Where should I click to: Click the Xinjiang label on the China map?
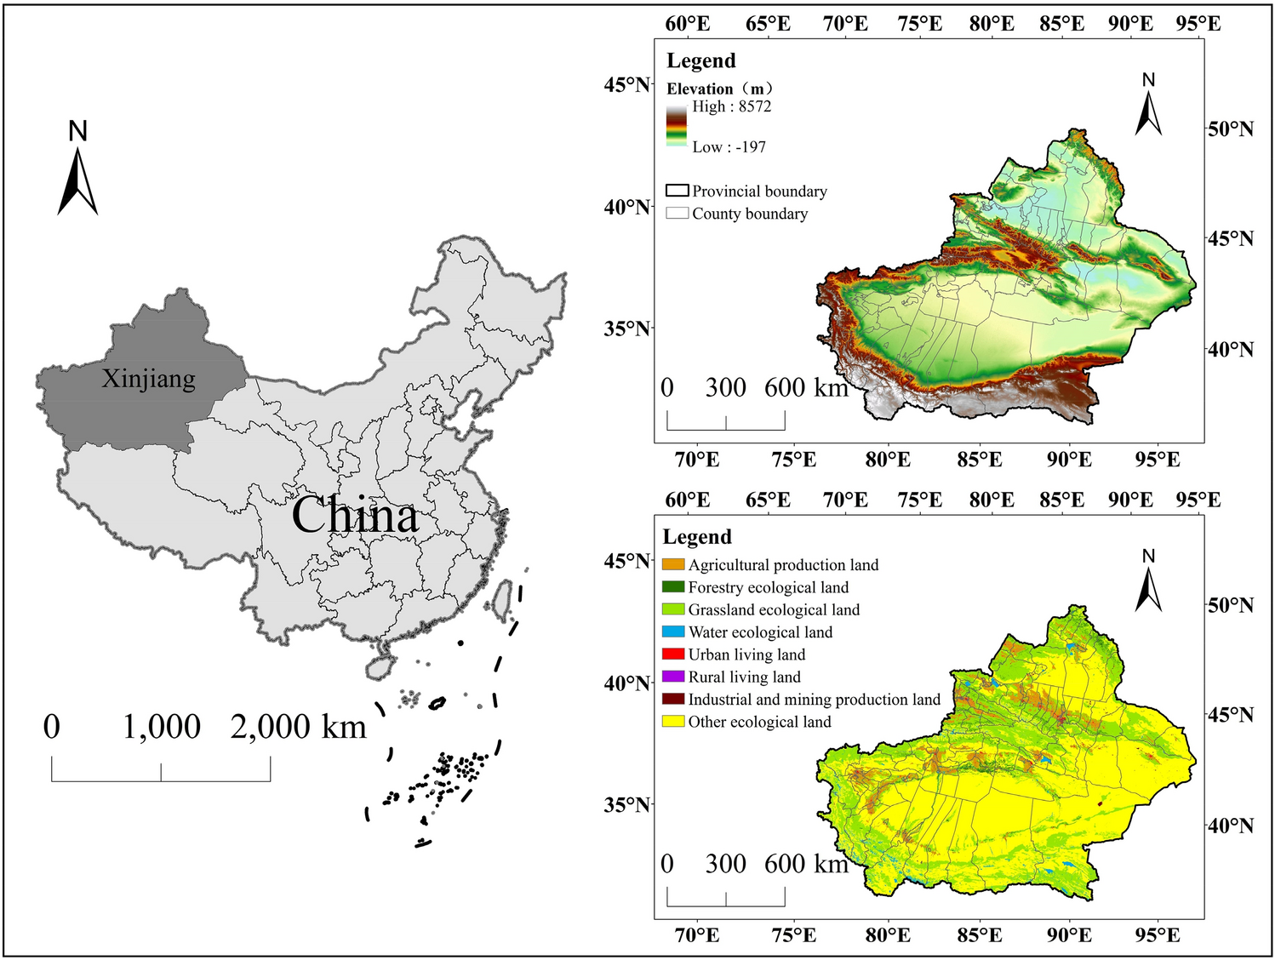tap(149, 379)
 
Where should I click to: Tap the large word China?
tap(355, 516)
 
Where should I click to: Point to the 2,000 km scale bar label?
tap(298, 727)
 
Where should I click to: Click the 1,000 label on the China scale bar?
tap(161, 727)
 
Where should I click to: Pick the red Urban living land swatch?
tap(673, 654)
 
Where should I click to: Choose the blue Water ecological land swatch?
tap(673, 632)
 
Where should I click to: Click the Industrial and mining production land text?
tap(814, 700)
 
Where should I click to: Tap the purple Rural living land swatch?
tap(673, 677)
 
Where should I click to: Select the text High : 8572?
tap(731, 106)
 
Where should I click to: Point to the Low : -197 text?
tap(729, 147)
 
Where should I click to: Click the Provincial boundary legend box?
tap(677, 191)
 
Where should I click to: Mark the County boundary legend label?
tap(749, 214)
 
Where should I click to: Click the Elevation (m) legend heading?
tap(719, 89)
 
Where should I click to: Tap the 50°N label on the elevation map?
tap(1230, 129)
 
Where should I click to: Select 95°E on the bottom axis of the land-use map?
tap(1157, 935)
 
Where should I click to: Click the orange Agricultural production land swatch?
tap(673, 565)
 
